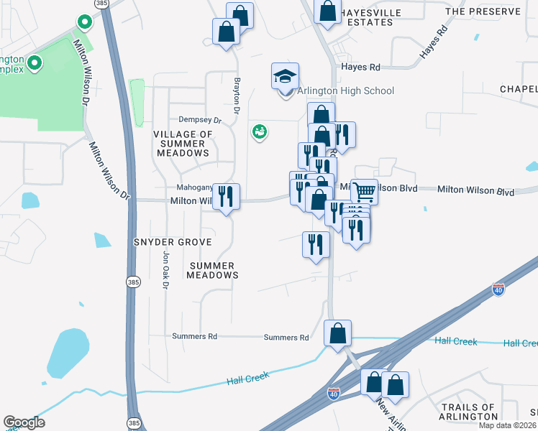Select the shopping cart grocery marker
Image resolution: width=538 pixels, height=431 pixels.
click(364, 192)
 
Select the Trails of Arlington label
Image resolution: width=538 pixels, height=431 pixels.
click(468, 412)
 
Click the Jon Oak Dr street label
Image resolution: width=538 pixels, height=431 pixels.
click(165, 269)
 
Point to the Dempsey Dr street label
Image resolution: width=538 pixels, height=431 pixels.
click(192, 120)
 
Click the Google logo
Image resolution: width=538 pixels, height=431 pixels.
click(24, 422)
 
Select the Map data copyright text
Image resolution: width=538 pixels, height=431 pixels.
click(508, 425)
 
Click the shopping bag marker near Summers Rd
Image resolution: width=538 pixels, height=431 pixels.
click(337, 333)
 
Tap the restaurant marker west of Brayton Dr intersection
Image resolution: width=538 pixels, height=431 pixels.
click(227, 195)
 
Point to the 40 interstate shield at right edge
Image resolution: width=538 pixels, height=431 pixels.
click(498, 289)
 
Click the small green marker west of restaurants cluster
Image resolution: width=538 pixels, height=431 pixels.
click(259, 131)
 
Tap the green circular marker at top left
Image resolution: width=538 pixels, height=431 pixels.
click(84, 22)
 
